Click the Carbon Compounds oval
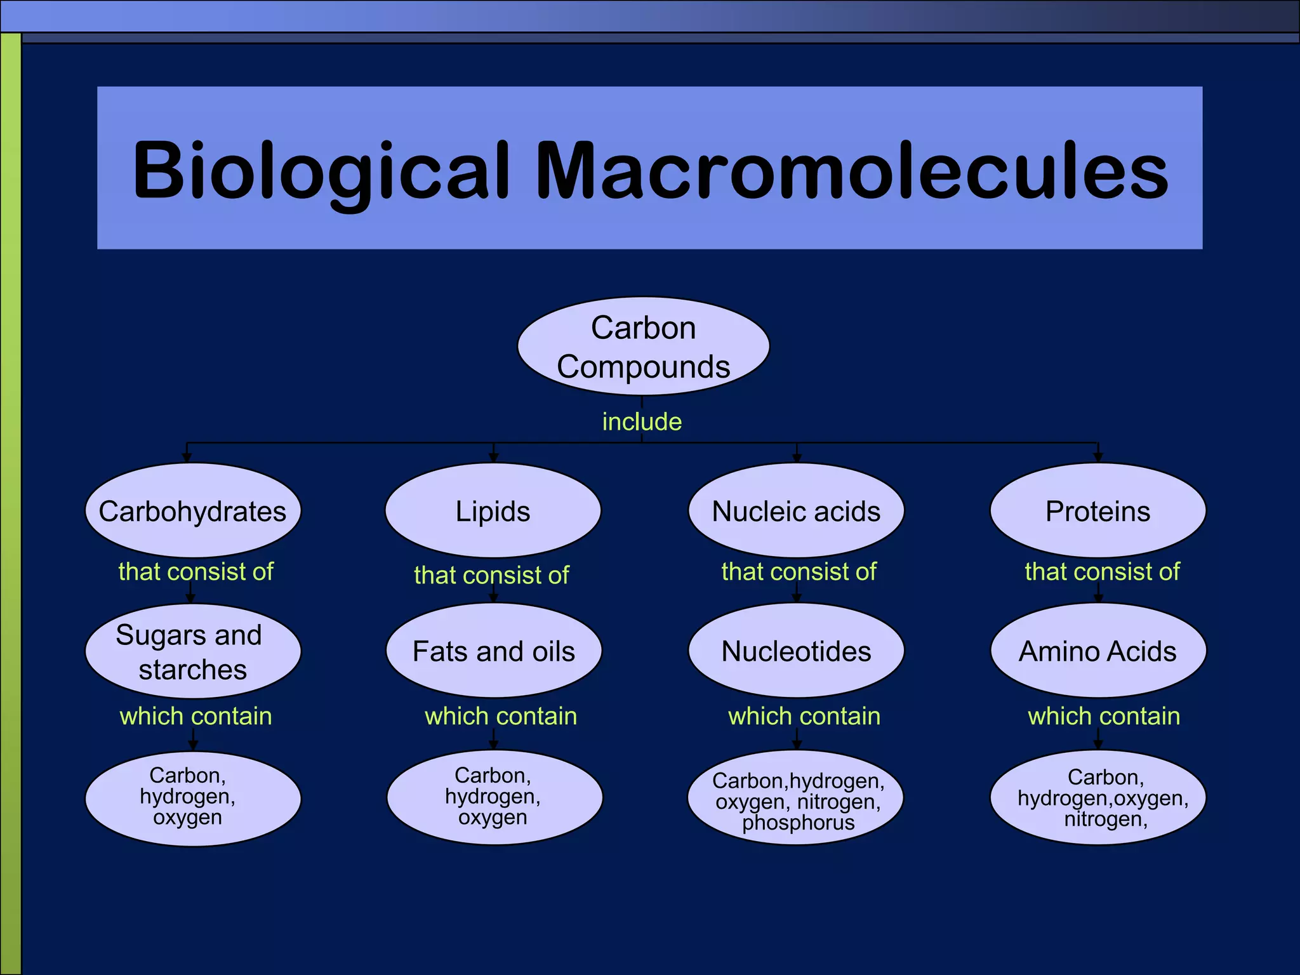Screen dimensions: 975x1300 pyautogui.click(x=643, y=347)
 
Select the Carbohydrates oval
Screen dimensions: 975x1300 pyautogui.click(x=193, y=511)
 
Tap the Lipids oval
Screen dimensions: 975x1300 pyautogui.click(x=493, y=511)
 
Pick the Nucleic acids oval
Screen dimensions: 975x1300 pyautogui.click(x=796, y=511)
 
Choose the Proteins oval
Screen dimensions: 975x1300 pyautogui.click(x=1098, y=511)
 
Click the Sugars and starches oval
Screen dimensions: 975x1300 pyautogui.click(x=193, y=651)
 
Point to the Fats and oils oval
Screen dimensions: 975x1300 pyautogui.click(x=494, y=651)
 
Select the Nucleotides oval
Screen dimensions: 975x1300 pyautogui.click(x=796, y=651)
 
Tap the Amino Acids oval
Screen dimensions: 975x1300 pyautogui.click(x=1098, y=651)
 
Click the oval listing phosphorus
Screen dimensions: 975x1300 pyautogui.click(x=796, y=799)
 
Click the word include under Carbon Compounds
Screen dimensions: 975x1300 pyautogui.click(x=642, y=422)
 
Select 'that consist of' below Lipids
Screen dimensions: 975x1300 pyautogui.click(x=491, y=575)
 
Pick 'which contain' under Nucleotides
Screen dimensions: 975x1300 pyautogui.click(x=804, y=716)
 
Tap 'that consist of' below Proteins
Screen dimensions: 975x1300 pyautogui.click(x=1102, y=572)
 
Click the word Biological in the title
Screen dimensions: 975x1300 pyautogui.click(x=321, y=170)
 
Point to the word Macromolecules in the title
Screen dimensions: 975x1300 pyautogui.click(x=851, y=170)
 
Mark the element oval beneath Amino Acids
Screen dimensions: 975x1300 pyautogui.click(x=1098, y=799)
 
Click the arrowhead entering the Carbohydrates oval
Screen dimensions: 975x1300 pyautogui.click(x=187, y=457)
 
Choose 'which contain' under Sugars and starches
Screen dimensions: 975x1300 pyautogui.click(x=196, y=716)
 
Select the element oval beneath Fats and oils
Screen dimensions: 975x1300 pyautogui.click(x=494, y=799)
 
